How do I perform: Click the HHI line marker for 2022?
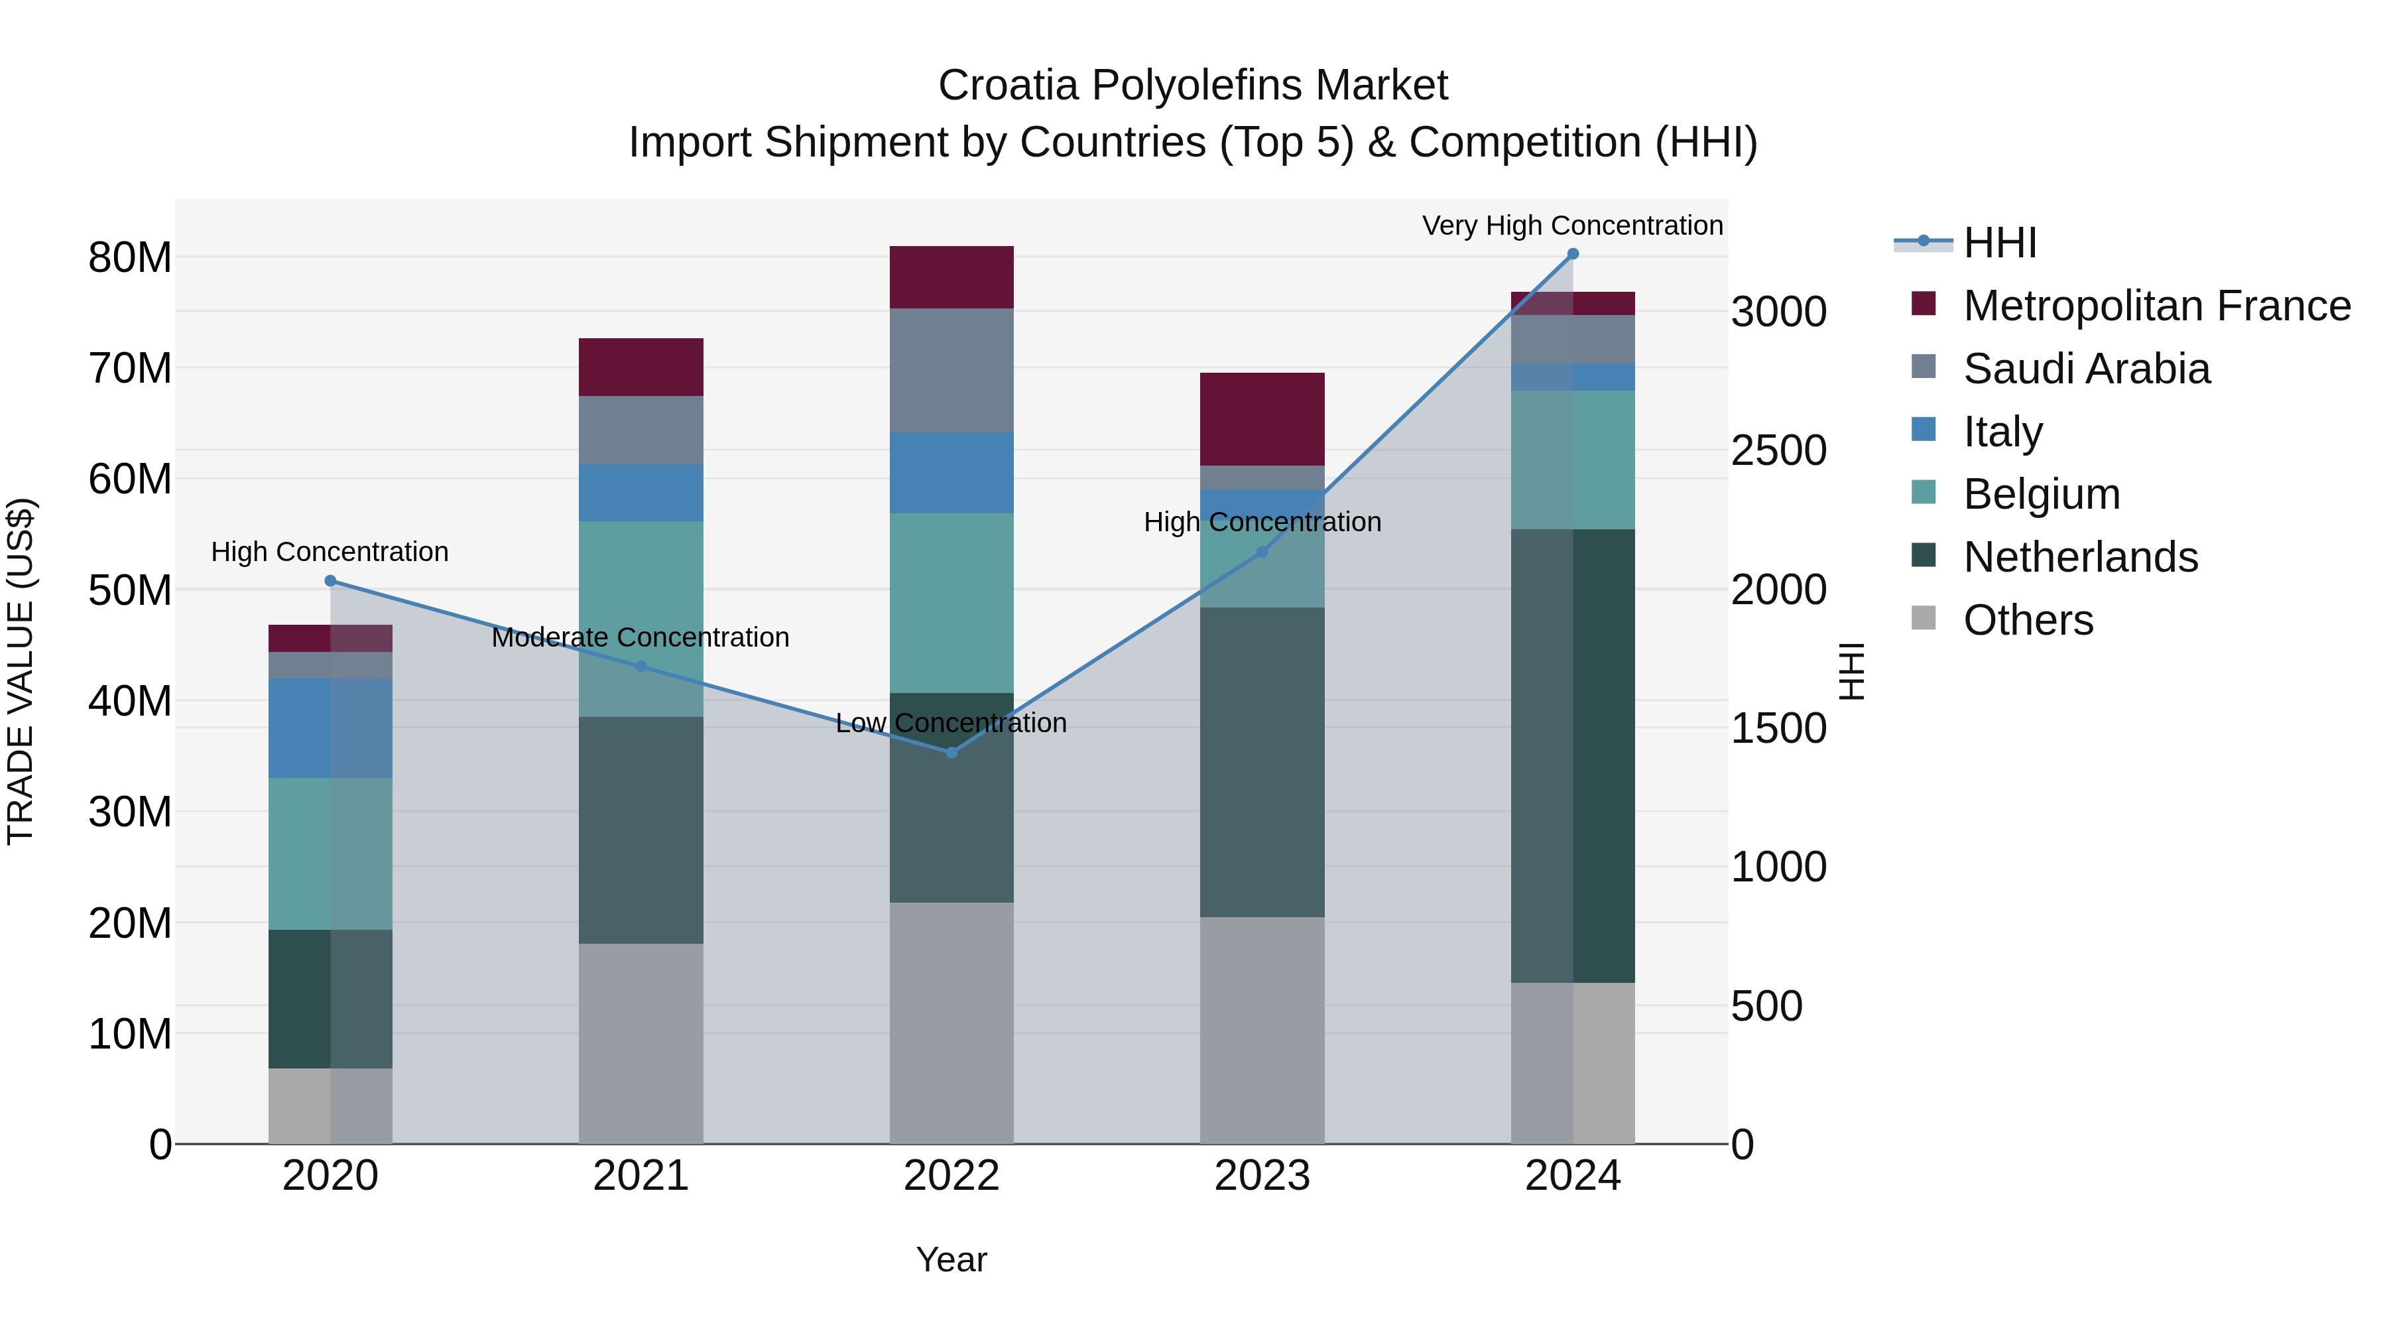click(x=951, y=753)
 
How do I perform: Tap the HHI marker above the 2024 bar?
click(x=1573, y=254)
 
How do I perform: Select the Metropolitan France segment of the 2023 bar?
click(x=1262, y=419)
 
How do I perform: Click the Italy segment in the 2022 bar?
click(x=951, y=473)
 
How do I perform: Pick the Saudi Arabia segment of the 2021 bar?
click(x=641, y=430)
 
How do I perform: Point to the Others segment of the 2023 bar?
click(x=1262, y=1030)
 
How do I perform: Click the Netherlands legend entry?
click(x=2080, y=557)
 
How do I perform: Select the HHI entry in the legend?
click(x=2000, y=243)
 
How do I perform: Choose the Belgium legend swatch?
click(x=1924, y=492)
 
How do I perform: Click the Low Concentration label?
click(x=951, y=723)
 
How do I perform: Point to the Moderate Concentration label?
click(x=641, y=637)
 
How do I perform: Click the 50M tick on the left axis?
click(x=130, y=590)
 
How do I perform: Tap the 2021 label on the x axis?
click(x=641, y=1176)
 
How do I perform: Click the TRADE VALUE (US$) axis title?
click(x=21, y=671)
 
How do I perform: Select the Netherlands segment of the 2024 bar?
click(x=1573, y=755)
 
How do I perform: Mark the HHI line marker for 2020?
click(x=330, y=581)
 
